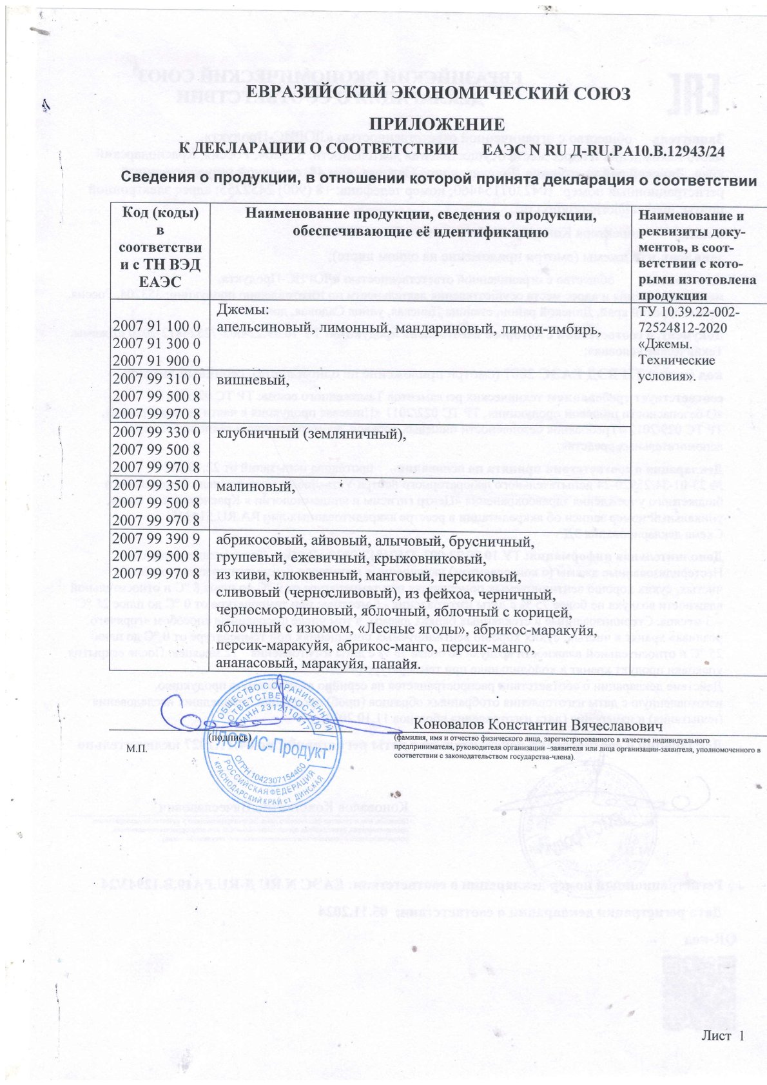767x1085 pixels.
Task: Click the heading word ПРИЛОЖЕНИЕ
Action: (x=436, y=124)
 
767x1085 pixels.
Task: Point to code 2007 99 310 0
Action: (x=156, y=378)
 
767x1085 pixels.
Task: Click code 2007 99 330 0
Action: (x=156, y=432)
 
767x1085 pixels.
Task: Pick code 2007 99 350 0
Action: (x=156, y=485)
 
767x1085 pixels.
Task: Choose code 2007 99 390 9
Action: (x=156, y=539)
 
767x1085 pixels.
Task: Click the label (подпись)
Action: (x=229, y=736)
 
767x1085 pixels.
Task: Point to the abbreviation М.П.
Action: (x=137, y=749)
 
